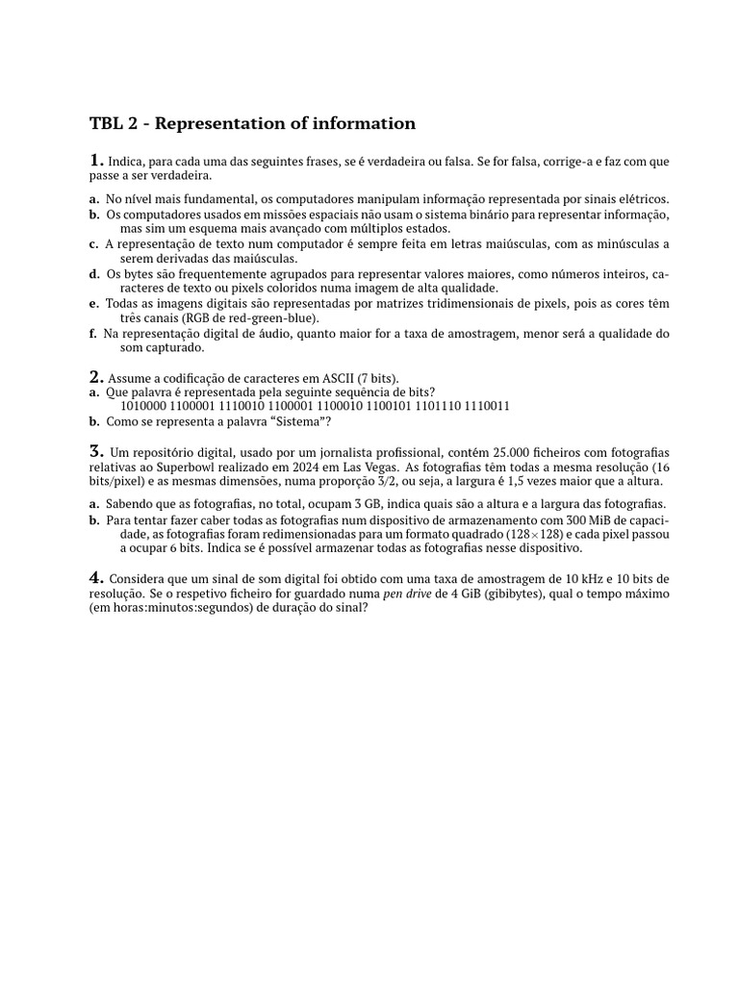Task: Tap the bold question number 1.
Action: (96, 160)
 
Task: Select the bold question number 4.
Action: (96, 577)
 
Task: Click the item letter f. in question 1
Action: (93, 334)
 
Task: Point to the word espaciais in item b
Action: (289, 215)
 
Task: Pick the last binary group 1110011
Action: (487, 406)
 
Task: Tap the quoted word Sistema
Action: (300, 421)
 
